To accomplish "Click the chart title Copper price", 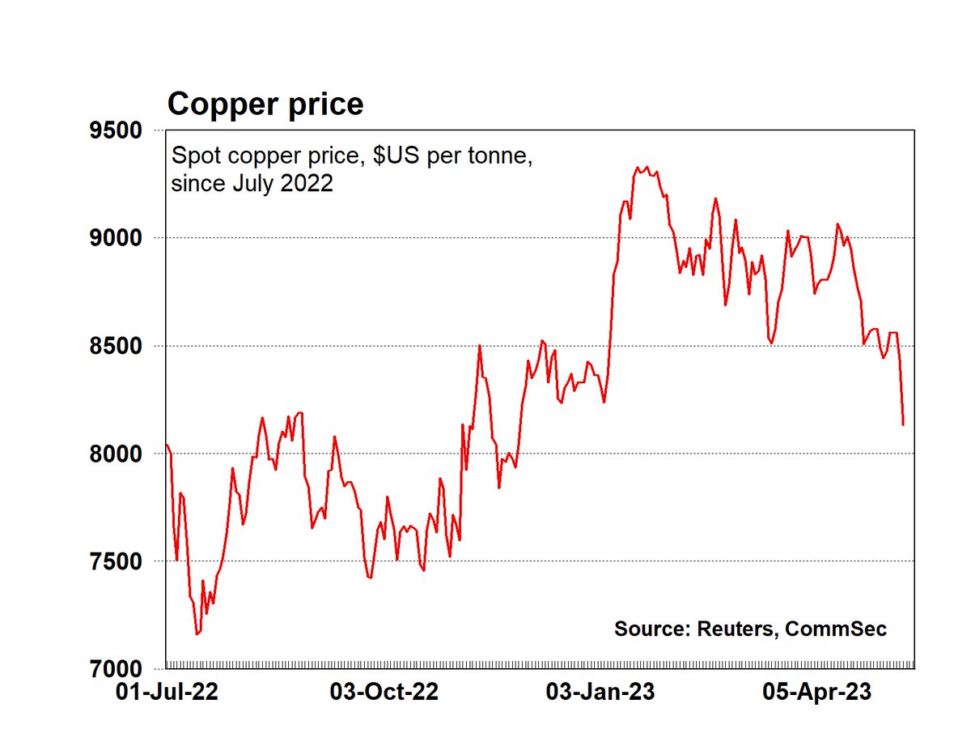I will (x=265, y=104).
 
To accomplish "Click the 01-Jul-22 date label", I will (x=167, y=693).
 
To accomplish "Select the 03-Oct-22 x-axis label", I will (x=385, y=693).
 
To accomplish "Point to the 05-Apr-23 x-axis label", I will (x=819, y=693).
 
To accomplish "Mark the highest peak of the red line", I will (x=637, y=168).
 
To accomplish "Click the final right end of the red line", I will (x=903, y=424).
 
